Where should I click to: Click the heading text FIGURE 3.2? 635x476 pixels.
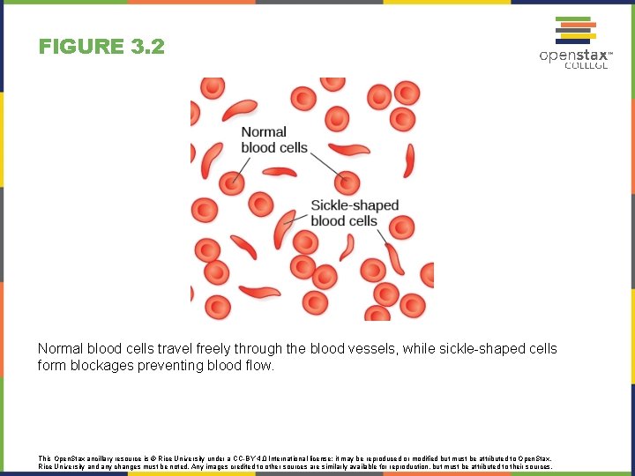(x=101, y=47)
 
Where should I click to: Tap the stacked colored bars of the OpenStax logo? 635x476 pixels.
(x=573, y=29)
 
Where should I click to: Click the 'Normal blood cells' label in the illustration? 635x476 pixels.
(x=274, y=139)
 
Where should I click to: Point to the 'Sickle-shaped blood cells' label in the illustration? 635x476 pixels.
(x=355, y=212)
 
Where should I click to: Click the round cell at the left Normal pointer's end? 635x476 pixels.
(x=233, y=182)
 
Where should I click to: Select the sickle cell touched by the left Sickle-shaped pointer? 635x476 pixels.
(x=284, y=228)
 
